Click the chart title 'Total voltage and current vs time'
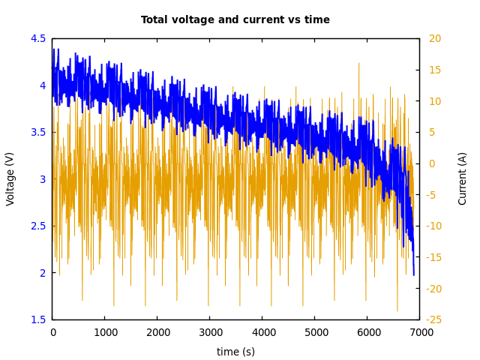point(235,20)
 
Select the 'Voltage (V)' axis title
point(10,178)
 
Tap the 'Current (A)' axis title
point(463,178)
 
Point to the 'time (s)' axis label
point(235,352)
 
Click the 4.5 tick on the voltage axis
point(38,38)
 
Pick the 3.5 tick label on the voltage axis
point(38,132)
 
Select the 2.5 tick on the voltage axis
point(38,226)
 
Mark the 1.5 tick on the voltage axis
point(38,319)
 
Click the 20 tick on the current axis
point(435,38)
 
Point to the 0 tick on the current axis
point(432,163)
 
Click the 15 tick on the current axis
point(435,70)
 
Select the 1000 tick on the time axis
point(105,332)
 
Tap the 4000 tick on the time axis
point(262,332)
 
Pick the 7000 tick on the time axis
point(420,332)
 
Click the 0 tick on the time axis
point(52,332)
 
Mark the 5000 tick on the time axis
point(315,332)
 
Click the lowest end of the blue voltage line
point(413,274)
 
